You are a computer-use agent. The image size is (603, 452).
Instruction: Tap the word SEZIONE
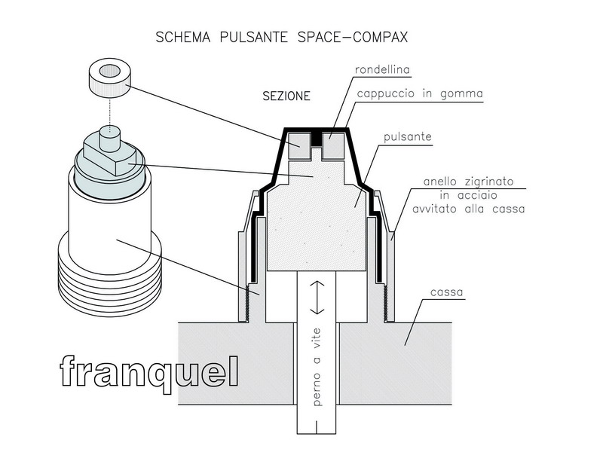click(286, 96)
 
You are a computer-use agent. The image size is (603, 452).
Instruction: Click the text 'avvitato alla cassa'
click(473, 208)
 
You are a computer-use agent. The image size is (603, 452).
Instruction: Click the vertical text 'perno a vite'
click(317, 372)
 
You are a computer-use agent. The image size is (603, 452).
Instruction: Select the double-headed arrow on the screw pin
click(317, 298)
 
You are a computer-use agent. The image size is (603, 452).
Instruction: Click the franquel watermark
click(148, 371)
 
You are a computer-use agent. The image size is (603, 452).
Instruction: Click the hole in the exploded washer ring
click(109, 72)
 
